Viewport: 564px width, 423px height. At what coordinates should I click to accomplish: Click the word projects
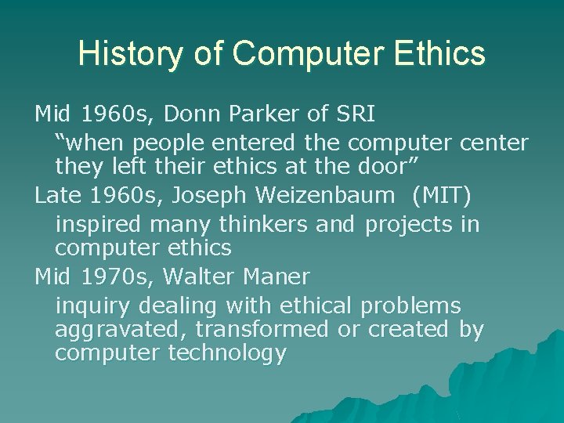[x=410, y=225]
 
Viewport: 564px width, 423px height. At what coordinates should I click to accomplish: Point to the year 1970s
[x=108, y=277]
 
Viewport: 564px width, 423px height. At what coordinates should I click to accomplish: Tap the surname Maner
[x=278, y=277]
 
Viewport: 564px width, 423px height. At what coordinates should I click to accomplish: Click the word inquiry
[x=89, y=305]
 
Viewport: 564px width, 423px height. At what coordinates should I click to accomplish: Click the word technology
[x=227, y=354]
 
